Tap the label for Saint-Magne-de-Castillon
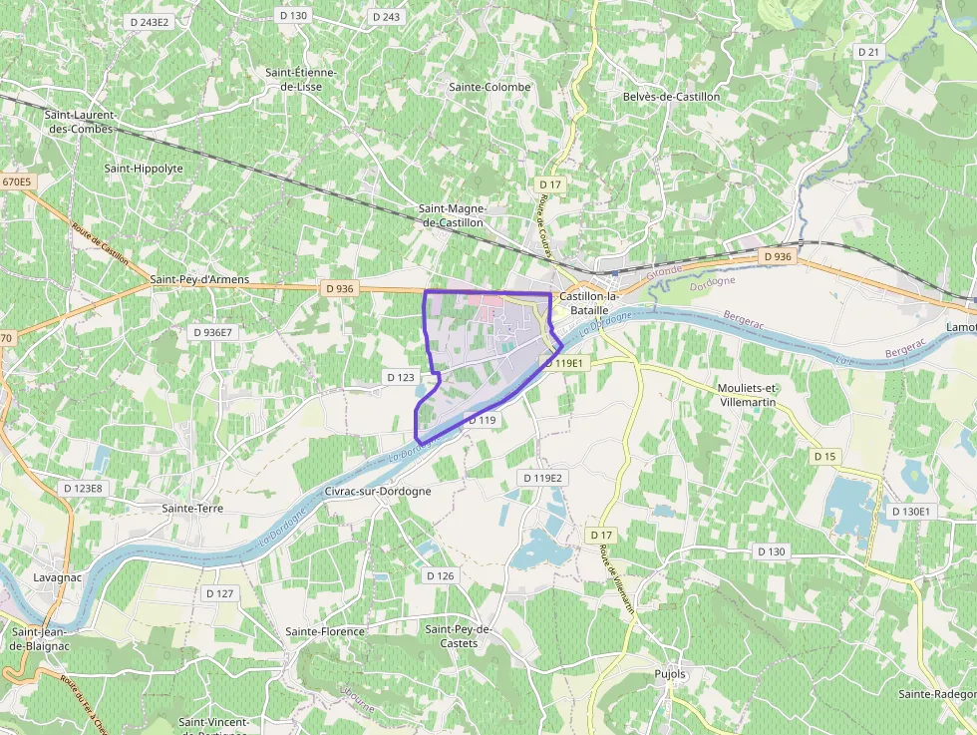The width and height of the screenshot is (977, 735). click(452, 215)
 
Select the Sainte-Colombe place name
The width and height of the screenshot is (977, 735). click(489, 87)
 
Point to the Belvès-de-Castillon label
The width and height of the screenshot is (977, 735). click(671, 97)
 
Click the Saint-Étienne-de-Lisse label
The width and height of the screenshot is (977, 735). click(300, 80)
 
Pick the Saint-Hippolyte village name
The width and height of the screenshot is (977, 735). click(144, 169)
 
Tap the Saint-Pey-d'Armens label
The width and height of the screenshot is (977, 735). click(199, 280)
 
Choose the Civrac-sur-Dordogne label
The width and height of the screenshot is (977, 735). click(378, 492)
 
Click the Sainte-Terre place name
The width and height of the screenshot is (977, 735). click(192, 509)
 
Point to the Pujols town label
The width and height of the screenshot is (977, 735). click(670, 674)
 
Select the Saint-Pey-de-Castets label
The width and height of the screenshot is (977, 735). click(459, 636)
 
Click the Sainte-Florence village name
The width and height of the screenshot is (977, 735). click(325, 631)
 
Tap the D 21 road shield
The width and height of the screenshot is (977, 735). click(869, 52)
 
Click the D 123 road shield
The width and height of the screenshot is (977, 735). click(400, 377)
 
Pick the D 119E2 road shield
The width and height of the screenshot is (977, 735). click(547, 478)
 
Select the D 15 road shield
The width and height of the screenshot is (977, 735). click(824, 456)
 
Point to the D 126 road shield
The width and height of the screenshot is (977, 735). click(440, 575)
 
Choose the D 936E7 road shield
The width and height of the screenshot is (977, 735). click(213, 332)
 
